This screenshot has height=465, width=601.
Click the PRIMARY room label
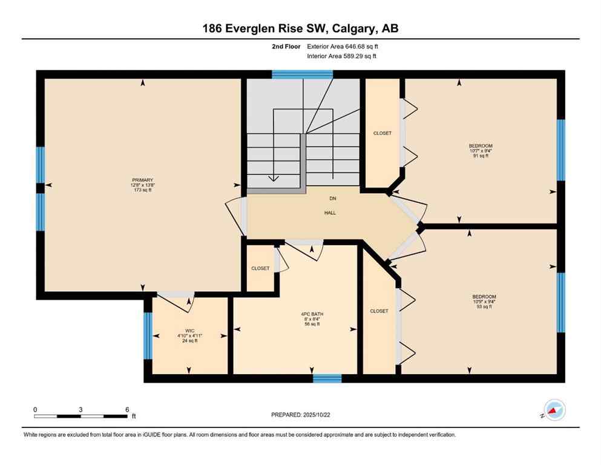coord(143,180)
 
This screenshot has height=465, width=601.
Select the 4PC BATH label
coord(312,314)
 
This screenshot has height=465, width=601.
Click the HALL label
coord(330,213)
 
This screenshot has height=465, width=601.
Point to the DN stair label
coord(332,199)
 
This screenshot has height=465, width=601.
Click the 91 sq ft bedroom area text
coord(481,156)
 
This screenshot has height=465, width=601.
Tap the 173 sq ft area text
coord(143,190)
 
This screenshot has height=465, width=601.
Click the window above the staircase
coord(302,74)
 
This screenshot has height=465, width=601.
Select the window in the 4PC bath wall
coord(327,378)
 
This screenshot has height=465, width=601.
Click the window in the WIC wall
coord(147,335)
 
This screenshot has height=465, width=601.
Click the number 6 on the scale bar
coord(126,409)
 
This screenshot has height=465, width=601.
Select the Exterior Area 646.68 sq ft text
coord(343,46)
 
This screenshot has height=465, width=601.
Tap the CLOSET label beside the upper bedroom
coord(382,133)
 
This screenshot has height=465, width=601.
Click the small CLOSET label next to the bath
coord(260,268)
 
